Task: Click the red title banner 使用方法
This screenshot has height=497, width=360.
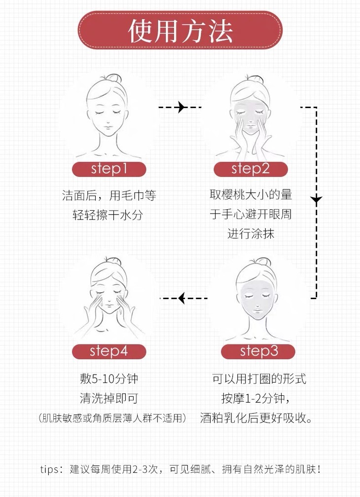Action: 180,31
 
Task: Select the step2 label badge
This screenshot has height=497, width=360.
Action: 251,169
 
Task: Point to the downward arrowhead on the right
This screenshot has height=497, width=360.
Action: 316,200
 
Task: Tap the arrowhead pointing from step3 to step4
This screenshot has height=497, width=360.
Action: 181,298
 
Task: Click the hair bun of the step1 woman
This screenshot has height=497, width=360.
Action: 114,78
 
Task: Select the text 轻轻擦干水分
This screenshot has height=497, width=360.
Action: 109,214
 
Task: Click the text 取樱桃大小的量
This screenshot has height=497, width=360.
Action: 251,195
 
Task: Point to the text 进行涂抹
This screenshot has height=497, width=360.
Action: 251,233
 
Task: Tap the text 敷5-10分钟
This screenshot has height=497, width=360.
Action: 109,379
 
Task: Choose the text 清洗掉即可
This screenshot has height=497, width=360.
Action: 109,398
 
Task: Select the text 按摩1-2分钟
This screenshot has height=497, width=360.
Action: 256,398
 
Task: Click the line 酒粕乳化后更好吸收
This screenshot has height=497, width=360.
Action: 256,418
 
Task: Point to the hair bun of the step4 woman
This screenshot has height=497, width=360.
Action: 113,260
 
